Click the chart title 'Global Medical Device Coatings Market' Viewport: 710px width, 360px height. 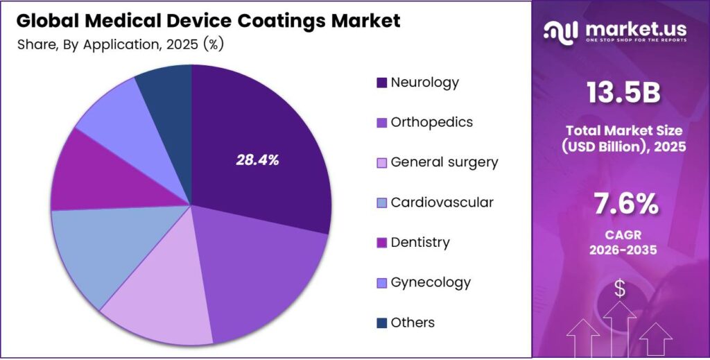[208, 21]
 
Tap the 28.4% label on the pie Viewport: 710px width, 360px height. [257, 160]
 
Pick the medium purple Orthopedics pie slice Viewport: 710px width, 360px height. [263, 277]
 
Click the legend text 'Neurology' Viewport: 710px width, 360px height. [424, 82]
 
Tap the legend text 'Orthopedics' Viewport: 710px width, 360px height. [431, 122]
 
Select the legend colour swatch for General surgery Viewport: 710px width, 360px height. [381, 163]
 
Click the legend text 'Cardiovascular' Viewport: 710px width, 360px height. [442, 203]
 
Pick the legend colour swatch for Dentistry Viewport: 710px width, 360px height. [381, 243]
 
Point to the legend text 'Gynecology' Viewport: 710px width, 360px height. [431, 282]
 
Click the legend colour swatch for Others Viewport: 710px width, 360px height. [381, 323]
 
